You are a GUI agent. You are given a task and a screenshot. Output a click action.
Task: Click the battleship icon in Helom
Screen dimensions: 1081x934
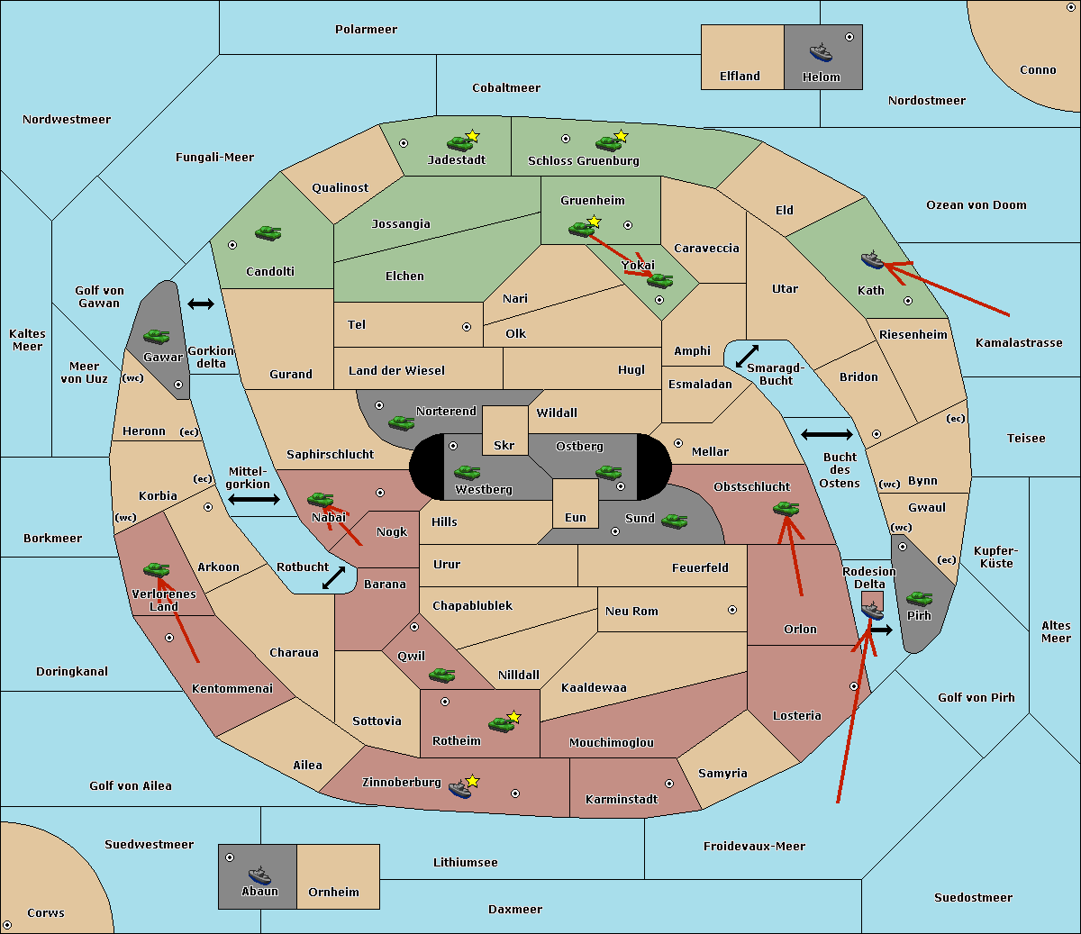point(821,52)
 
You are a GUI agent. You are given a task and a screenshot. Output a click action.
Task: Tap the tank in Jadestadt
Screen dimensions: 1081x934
point(459,143)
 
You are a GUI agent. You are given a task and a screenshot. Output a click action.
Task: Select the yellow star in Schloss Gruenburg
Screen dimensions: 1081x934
point(622,136)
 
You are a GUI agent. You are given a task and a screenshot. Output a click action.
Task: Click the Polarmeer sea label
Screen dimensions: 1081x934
point(366,30)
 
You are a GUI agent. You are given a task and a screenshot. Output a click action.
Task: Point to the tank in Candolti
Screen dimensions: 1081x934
point(268,232)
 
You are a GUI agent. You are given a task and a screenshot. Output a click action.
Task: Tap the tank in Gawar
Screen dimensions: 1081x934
point(157,336)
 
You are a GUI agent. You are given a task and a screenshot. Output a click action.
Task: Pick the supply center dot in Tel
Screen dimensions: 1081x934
point(467,327)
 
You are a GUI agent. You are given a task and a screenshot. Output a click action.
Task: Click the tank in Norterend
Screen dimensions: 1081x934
point(401,422)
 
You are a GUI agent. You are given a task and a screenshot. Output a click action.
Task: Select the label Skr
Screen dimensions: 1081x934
point(504,445)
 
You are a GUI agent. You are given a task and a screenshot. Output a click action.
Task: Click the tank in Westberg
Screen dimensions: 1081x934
point(467,472)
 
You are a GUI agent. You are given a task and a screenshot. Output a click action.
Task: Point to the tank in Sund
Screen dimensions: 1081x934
point(674,521)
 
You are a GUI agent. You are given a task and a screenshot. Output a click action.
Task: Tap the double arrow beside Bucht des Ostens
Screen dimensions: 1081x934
point(827,434)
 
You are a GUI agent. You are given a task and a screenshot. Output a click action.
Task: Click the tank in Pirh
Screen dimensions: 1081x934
point(919,598)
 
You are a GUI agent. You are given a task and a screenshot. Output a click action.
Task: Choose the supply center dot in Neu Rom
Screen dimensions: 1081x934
point(732,610)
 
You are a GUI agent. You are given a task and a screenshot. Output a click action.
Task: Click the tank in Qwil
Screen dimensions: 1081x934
point(442,675)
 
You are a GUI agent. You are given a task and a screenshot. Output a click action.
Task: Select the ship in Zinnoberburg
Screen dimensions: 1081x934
point(460,789)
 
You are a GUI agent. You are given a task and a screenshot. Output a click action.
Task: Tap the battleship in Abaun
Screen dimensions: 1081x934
point(259,875)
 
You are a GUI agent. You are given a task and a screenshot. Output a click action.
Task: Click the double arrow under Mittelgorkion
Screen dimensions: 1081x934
point(254,499)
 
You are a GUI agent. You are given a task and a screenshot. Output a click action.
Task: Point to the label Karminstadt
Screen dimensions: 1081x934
point(622,799)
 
